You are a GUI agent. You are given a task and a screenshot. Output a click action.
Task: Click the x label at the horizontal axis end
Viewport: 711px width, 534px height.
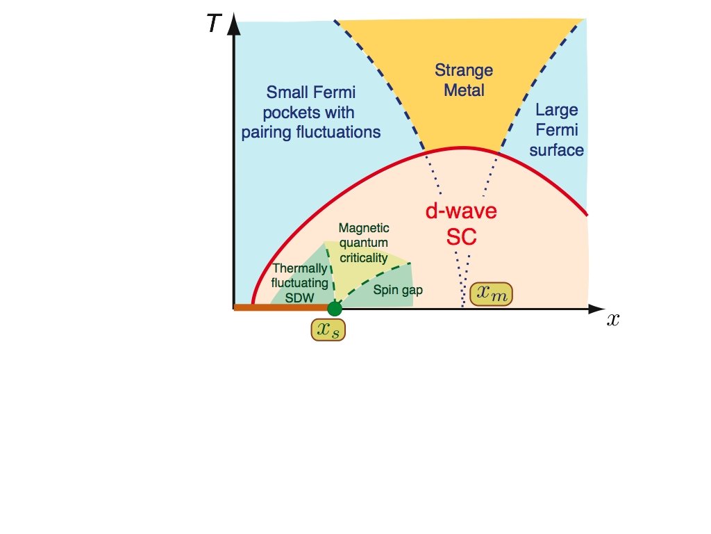click(x=612, y=320)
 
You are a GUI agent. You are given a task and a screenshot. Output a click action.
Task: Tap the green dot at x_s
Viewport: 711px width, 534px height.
click(x=335, y=308)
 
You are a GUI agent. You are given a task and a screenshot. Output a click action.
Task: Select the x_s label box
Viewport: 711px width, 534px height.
click(x=328, y=330)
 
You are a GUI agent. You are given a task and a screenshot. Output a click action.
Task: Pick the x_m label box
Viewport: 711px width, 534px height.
click(x=492, y=294)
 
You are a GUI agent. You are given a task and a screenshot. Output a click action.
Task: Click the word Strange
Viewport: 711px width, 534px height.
click(x=463, y=70)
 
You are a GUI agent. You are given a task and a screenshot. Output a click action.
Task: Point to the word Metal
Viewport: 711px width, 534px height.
click(x=463, y=90)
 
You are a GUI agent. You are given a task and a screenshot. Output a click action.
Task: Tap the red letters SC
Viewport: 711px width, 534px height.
click(x=461, y=236)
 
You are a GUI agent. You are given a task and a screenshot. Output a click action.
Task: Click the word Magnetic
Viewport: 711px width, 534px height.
click(x=364, y=228)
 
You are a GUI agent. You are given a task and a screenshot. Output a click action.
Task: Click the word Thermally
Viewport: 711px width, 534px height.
click(x=300, y=268)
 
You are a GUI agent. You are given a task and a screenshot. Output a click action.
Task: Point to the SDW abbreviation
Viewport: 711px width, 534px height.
click(x=300, y=297)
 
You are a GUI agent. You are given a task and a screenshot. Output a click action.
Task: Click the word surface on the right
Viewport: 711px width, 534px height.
click(x=561, y=150)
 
